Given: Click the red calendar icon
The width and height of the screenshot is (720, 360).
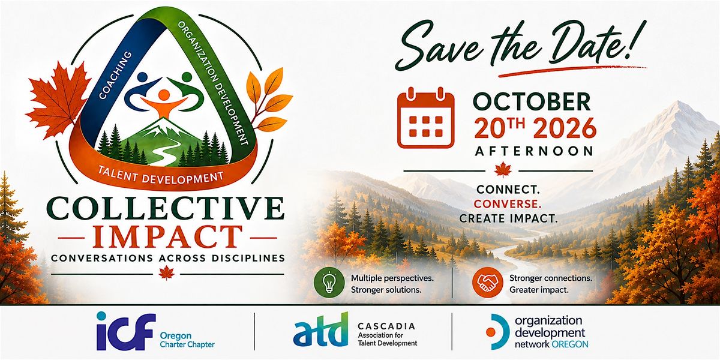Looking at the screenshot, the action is coord(425,118).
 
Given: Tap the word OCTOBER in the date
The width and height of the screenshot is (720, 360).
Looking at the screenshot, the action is coord(532,102).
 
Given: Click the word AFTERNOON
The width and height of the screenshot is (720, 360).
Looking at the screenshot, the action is coord(534,151).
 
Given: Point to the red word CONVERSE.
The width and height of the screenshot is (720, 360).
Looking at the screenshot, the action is coord(508,204).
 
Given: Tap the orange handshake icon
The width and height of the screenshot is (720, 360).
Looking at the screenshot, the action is coord(488,283).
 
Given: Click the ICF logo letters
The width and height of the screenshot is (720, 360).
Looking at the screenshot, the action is coord(126,331).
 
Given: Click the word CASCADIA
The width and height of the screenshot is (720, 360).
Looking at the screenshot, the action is coord(386,326).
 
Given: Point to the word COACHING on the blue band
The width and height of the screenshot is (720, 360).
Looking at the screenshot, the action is coord(115,75).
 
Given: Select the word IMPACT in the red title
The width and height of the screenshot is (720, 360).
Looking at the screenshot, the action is coord(167,237).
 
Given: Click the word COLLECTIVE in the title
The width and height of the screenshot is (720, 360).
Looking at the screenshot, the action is coord(166,208).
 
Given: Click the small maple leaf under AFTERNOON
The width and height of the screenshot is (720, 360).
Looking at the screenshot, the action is coord(503,170).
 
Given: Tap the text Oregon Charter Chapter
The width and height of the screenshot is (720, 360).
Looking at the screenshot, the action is coord(187,340).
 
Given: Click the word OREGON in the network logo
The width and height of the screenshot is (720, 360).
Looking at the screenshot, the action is coord(570,344).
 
